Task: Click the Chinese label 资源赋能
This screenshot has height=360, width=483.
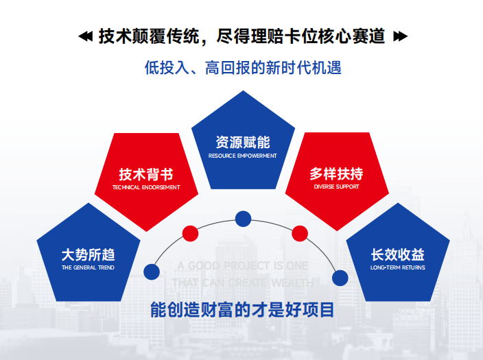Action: click(242, 143)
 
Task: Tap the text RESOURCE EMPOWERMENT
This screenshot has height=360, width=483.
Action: click(242, 156)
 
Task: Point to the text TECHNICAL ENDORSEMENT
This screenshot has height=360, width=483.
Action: click(145, 187)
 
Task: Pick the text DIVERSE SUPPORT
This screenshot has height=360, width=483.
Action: click(336, 187)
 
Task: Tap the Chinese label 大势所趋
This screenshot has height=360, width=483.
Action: click(89, 254)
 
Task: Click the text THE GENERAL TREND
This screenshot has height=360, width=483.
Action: click(89, 267)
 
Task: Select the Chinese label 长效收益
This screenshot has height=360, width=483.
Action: click(397, 254)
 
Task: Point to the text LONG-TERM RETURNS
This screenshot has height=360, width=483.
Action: click(397, 267)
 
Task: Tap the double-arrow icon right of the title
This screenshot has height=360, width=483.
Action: click(400, 36)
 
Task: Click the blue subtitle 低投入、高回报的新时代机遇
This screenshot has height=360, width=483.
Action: click(242, 68)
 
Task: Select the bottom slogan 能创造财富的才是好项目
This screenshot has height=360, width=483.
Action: click(242, 309)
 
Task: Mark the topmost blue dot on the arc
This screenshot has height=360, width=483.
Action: click(243, 219)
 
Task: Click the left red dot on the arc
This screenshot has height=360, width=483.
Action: click(191, 233)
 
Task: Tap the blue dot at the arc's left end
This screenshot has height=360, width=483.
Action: click(152, 272)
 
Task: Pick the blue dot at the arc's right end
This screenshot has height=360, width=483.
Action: click(340, 278)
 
